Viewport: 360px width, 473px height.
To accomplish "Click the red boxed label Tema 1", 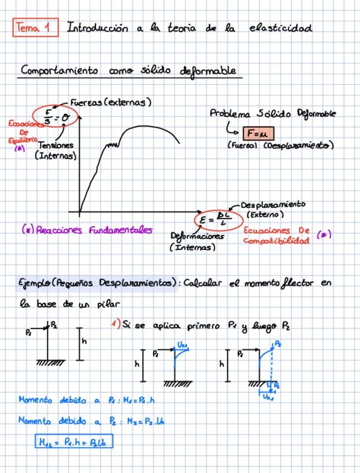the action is [x=36, y=27].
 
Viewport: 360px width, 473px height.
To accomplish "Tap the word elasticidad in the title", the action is [x=281, y=27].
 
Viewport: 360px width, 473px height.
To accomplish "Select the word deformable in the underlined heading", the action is [x=207, y=71].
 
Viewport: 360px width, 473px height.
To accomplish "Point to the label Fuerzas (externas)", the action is [x=111, y=103].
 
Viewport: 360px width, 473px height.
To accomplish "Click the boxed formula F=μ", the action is [x=259, y=134].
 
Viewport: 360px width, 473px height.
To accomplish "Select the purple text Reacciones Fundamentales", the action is [x=86, y=230].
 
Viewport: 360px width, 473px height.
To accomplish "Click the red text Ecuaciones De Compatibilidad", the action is [x=276, y=235].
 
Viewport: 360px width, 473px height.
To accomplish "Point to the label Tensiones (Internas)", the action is [x=55, y=151].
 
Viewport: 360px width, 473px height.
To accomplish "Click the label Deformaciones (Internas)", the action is [x=197, y=241].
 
